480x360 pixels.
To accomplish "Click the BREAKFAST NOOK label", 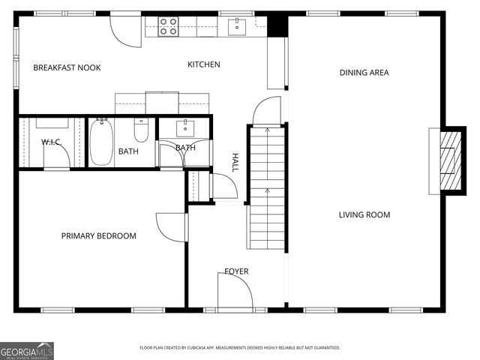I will click(67, 67).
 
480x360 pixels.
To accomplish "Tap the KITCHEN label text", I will click(203, 64).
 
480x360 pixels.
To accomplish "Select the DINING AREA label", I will click(364, 73).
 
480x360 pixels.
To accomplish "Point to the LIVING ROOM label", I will click(364, 215).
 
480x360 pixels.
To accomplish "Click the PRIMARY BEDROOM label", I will click(98, 236).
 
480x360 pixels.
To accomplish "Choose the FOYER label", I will click(236, 271).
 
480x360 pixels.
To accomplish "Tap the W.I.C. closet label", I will click(51, 142).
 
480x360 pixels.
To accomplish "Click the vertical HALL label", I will click(235, 163).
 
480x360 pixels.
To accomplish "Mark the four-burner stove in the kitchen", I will click(169, 26).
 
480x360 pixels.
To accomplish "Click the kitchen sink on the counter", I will click(237, 26).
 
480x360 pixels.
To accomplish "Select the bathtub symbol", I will click(101, 142).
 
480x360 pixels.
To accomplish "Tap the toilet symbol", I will click(141, 130).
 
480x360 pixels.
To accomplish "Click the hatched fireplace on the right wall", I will click(448, 160).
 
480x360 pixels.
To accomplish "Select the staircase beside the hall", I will click(266, 187).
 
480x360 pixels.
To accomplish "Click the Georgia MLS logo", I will click(27, 350).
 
